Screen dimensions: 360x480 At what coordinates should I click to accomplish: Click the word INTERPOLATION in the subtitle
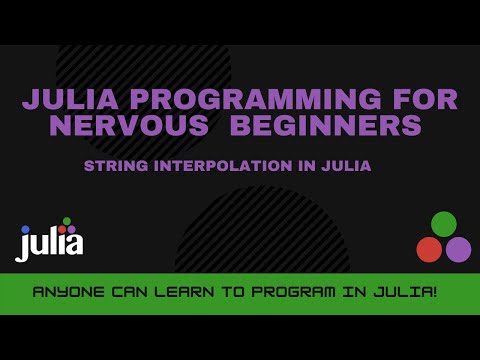coord(207,166)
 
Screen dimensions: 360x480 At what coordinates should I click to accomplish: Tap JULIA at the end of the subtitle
coord(345,166)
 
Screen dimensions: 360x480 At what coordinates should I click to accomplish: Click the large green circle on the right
coord(443,224)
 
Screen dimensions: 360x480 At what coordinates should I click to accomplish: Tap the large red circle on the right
coord(429,249)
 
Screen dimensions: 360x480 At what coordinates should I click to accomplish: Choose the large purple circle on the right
coord(458,249)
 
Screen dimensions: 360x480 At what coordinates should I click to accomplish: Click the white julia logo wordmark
coord(50,243)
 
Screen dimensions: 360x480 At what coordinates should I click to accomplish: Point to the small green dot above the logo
coord(67,221)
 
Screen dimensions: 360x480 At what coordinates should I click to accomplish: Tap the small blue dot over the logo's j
coord(26,229)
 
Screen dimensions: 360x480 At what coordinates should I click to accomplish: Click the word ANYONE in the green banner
coord(68,294)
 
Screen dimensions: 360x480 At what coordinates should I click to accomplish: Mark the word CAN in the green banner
coord(126,294)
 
